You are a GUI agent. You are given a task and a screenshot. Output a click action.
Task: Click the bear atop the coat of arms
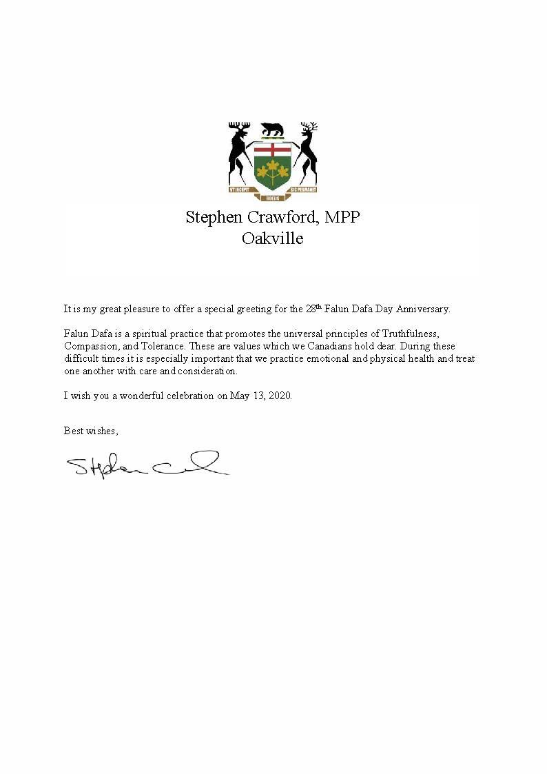pyautogui.click(x=273, y=129)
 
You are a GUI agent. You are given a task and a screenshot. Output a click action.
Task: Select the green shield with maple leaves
pyautogui.click(x=273, y=165)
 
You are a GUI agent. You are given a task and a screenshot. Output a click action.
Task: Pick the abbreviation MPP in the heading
pyautogui.click(x=342, y=217)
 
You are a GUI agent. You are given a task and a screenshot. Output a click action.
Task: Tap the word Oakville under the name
pyautogui.click(x=272, y=238)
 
